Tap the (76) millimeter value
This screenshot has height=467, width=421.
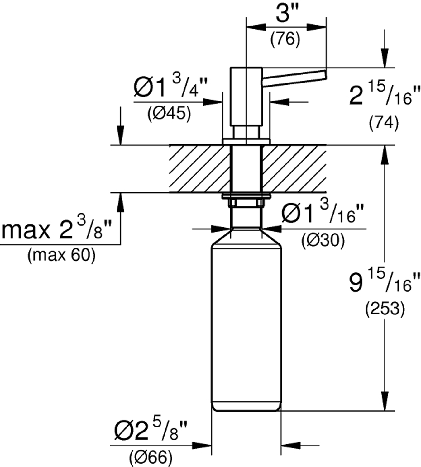point(285,40)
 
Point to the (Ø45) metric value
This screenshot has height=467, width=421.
point(169,113)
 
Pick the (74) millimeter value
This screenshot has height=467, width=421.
point(384,124)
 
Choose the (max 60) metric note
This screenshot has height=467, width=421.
point(61,256)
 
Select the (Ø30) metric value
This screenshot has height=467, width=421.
point(323,240)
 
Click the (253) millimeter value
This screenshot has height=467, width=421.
point(385,309)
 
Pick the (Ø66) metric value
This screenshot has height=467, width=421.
point(151,457)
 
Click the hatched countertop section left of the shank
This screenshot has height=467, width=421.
point(199,168)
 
